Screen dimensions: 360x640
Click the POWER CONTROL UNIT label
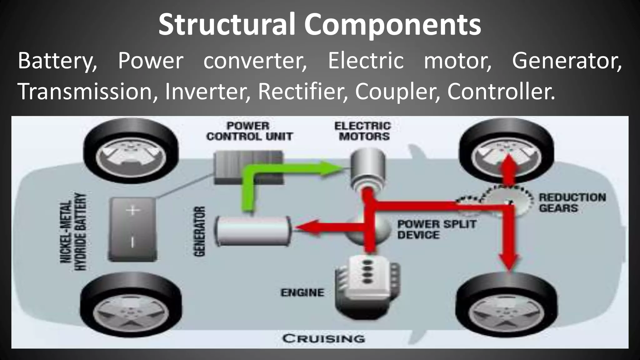249,131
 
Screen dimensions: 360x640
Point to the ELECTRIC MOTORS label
363,131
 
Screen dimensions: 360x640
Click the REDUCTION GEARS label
572,202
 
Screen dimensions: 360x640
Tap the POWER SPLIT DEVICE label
436,229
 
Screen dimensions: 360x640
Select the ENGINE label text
302,292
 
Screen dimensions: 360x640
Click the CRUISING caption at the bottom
323,338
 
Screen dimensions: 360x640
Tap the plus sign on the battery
133,210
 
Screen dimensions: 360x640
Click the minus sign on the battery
132,242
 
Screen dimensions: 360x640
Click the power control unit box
249,167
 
